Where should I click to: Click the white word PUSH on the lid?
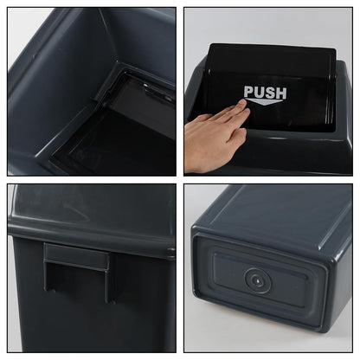265,93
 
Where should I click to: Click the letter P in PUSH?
249,93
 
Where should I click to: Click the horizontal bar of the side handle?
76,257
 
